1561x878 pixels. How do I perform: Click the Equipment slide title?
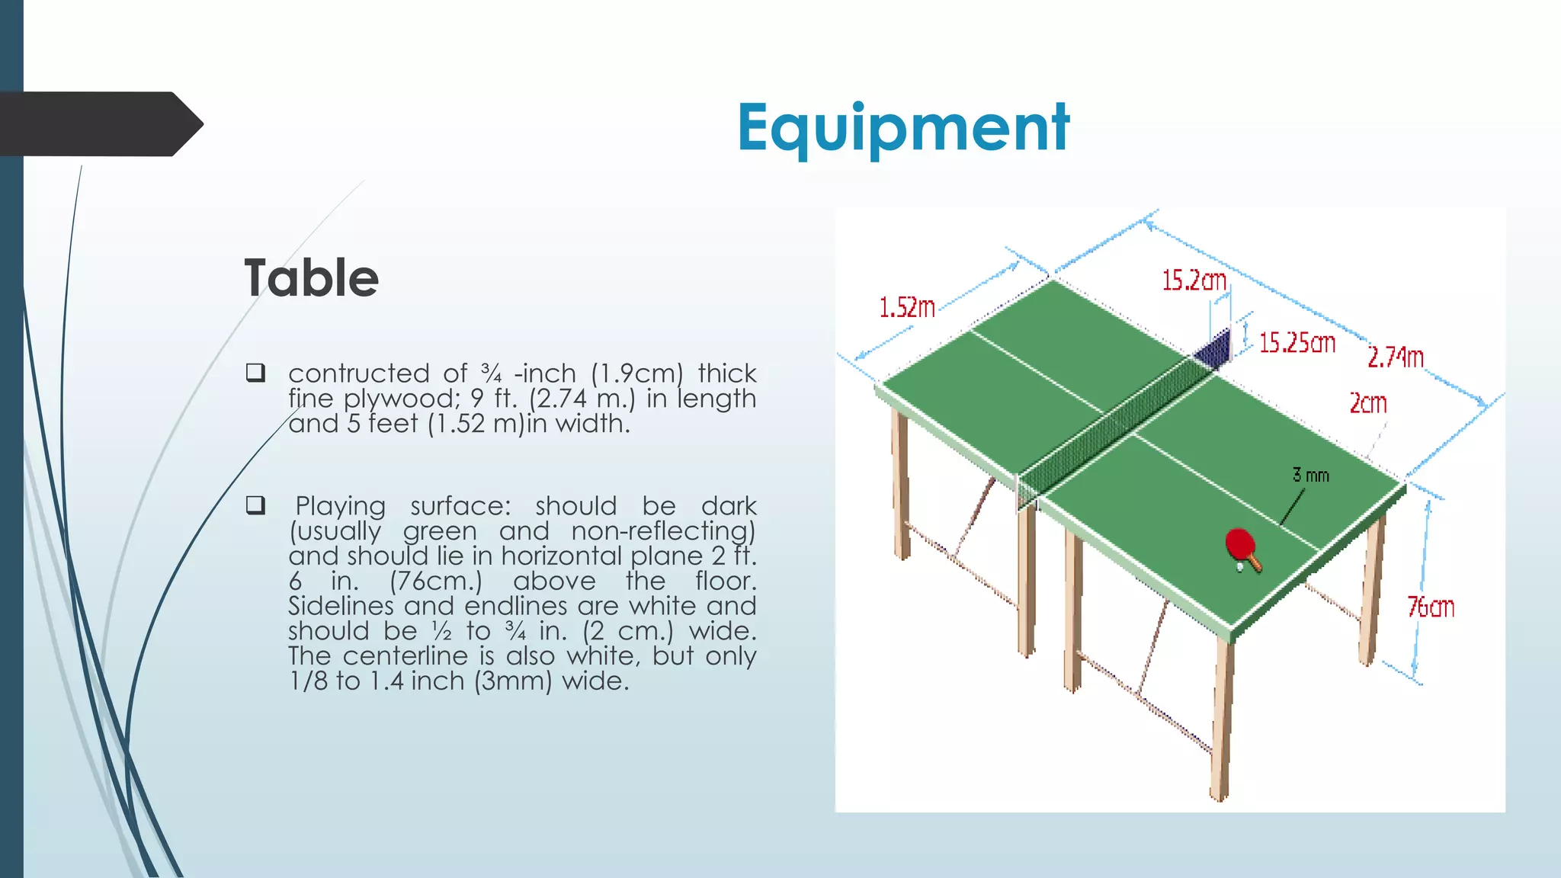902,128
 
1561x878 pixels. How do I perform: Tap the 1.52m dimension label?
907,308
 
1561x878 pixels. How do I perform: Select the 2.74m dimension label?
1395,357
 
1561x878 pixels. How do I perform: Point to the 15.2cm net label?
1194,280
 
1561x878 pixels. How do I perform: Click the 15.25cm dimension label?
1297,343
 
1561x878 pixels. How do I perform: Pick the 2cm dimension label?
1368,403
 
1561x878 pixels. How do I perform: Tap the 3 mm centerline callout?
1310,476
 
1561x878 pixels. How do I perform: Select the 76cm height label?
1431,607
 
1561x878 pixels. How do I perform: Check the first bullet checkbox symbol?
255,373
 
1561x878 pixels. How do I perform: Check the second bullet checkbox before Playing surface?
255,505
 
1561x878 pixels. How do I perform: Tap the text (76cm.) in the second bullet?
436,581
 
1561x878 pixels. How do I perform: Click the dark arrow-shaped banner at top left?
99,124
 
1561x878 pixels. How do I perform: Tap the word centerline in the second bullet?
405,656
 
